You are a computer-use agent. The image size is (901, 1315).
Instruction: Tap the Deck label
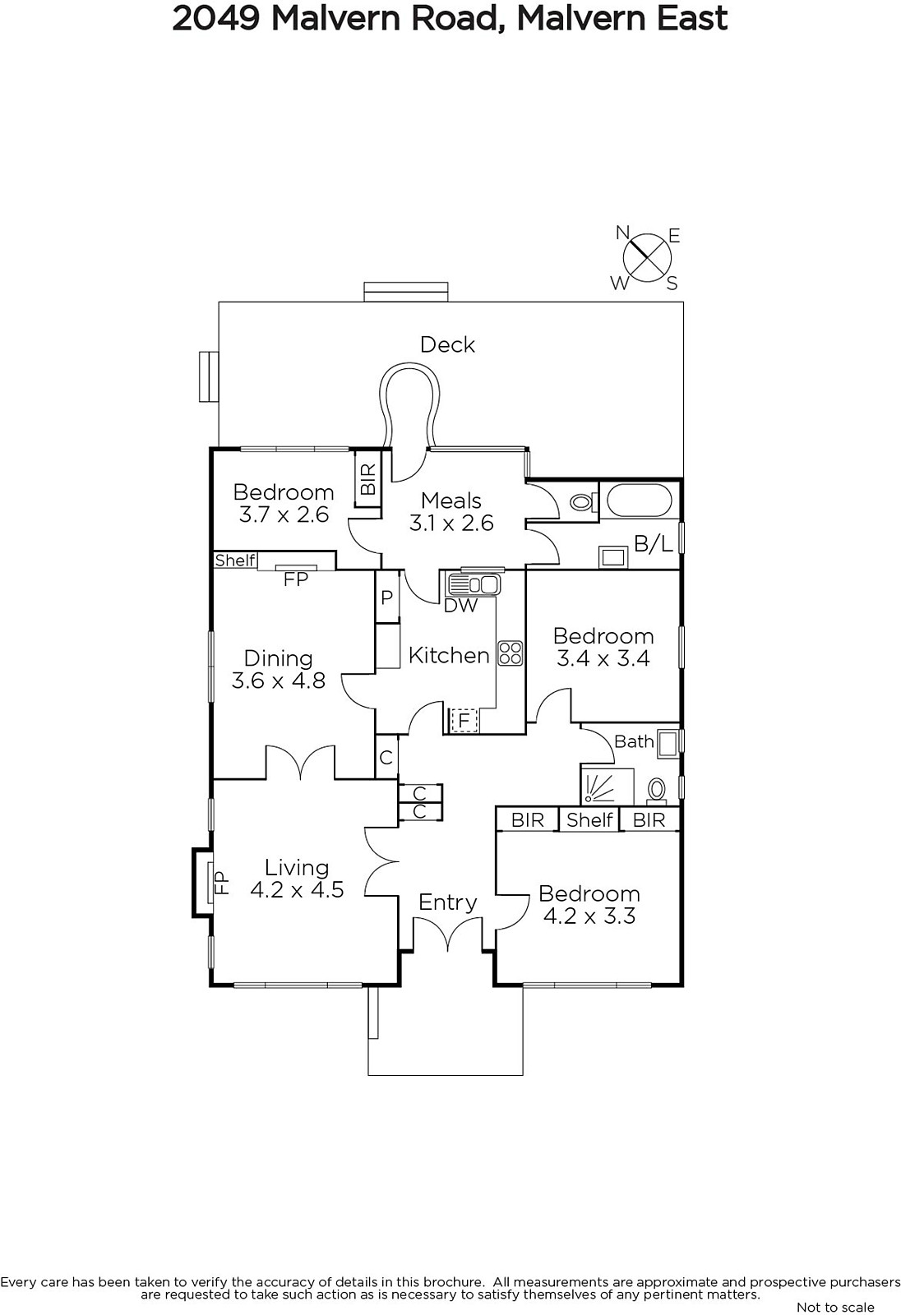coord(447,344)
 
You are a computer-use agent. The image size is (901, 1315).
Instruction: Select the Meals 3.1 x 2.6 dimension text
coord(451,523)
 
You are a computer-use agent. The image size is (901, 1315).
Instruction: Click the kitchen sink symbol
coord(474,584)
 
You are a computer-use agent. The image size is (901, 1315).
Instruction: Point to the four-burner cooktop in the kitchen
coord(510,653)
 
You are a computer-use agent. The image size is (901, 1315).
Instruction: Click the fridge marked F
coord(464,720)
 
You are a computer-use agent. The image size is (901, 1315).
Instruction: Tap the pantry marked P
coord(386,598)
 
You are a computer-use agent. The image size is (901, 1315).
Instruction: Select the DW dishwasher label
coord(460,605)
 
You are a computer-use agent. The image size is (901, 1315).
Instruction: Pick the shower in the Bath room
coord(608,786)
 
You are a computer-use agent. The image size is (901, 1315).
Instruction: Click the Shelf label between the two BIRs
coord(589,819)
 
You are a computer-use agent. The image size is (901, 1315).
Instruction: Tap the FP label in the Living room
coord(220,883)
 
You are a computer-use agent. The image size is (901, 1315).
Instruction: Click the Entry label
coord(447,902)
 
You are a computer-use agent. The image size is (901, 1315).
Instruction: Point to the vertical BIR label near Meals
coord(367,479)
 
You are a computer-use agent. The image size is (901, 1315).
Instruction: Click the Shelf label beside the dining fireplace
coord(235,560)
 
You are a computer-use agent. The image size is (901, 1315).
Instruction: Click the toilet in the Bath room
coord(656,791)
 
